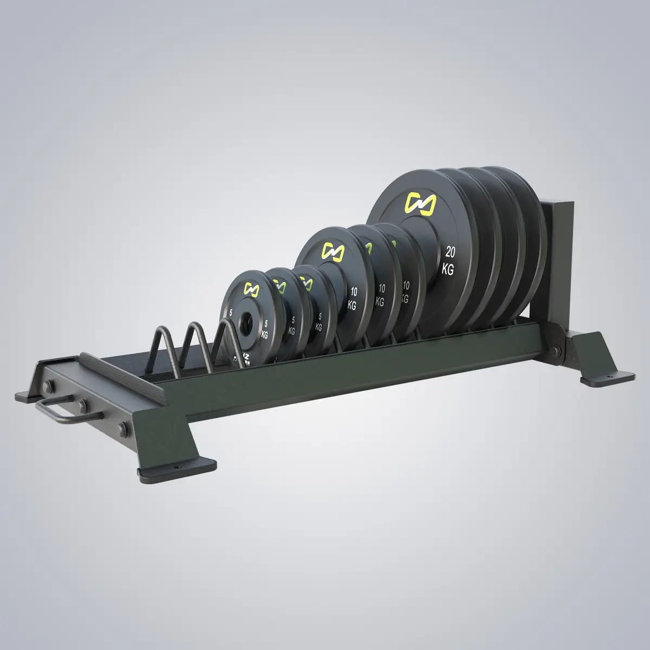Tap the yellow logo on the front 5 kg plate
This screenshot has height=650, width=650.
point(252,288)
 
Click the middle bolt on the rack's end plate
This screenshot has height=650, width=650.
point(82,405)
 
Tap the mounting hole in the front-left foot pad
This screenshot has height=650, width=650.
point(175,464)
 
